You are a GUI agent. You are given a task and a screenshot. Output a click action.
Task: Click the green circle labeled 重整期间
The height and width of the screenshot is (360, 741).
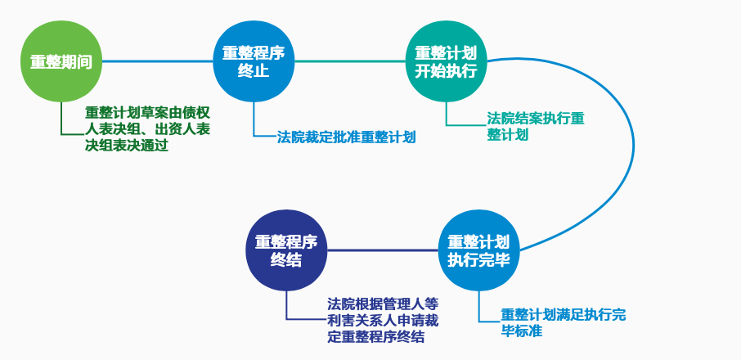[61, 61]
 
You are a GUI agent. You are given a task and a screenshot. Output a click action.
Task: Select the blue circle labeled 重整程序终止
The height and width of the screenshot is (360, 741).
[254, 61]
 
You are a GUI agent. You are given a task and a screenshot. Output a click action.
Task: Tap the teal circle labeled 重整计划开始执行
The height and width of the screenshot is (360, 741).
[446, 61]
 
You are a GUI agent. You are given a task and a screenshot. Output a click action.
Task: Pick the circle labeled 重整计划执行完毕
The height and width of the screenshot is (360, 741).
[479, 250]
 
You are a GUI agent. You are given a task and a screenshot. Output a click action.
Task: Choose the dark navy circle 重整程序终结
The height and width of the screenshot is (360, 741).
[286, 250]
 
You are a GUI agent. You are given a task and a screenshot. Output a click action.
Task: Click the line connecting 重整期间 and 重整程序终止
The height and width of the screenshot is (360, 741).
[157, 61]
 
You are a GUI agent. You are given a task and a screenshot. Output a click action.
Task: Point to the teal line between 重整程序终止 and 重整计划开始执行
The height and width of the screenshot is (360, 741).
[350, 61]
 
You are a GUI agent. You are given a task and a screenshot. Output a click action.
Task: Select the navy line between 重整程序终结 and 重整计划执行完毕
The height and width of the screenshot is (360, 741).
[383, 250]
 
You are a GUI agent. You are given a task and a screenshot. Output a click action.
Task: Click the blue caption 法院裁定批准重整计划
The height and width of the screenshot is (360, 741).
[347, 137]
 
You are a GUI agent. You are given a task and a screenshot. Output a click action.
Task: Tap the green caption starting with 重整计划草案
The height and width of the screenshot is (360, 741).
[147, 129]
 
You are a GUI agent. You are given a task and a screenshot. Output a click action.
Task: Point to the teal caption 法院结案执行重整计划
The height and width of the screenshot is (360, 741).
[536, 126]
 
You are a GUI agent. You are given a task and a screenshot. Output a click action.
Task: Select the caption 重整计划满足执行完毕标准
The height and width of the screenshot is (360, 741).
[564, 322]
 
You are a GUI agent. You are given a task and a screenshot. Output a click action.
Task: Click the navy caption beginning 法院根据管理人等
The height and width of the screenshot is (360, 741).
[383, 320]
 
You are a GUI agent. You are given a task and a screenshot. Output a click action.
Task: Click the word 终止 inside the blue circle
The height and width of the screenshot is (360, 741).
[254, 71]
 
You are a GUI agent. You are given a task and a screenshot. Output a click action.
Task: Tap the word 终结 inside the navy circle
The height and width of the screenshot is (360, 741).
[286, 260]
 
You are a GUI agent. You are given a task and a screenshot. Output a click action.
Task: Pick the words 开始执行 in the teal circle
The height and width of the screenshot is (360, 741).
[446, 71]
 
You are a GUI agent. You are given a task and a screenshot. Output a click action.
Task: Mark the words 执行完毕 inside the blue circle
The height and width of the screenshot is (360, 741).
[479, 260]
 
